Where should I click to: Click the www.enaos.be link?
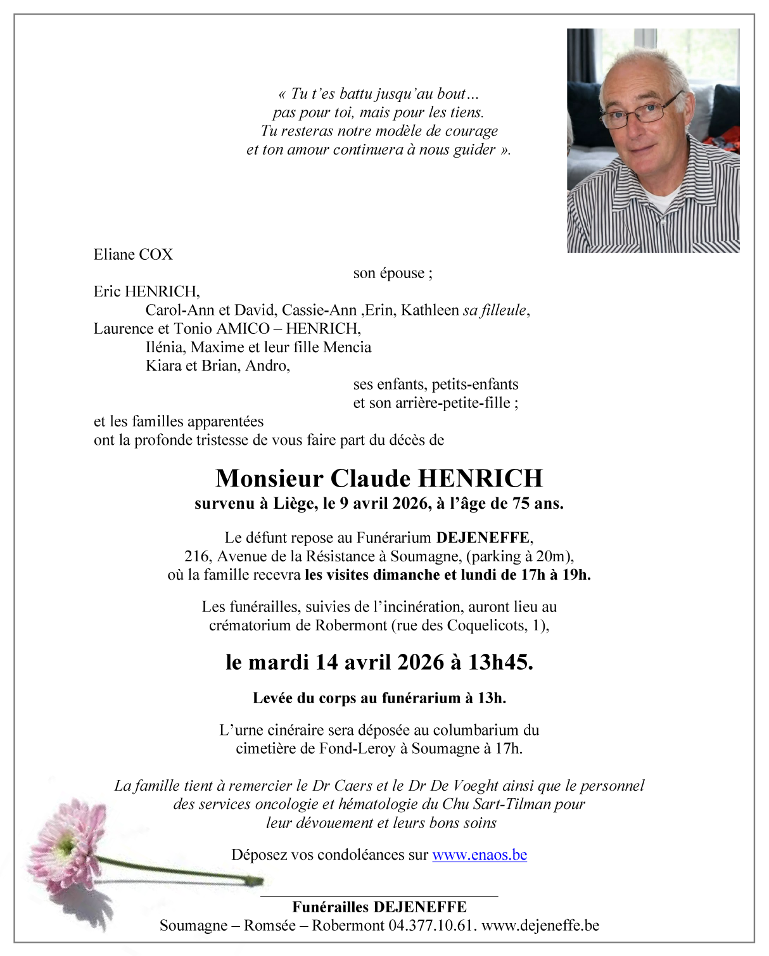tap(480, 855)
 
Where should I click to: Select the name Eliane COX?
tap(133, 255)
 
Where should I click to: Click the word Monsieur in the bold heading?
tap(269, 478)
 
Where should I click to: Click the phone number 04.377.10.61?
tap(432, 925)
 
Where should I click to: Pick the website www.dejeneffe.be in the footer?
tap(540, 925)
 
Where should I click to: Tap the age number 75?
tap(522, 504)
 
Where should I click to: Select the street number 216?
tap(196, 556)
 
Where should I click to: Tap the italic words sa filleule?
tap(494, 310)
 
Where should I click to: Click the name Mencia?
tap(347, 347)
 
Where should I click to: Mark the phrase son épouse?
tap(393, 273)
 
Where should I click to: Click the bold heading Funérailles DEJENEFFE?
tap(379, 907)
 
